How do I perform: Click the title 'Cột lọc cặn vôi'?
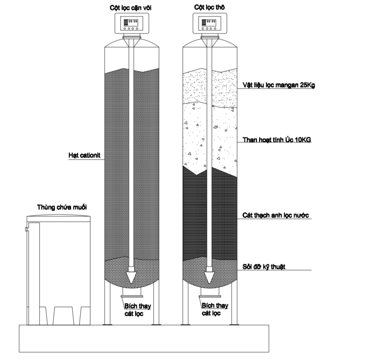[131, 8]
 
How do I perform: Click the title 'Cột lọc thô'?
[209, 7]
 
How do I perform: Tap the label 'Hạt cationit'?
[84, 155]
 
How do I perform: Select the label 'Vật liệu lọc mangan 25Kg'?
[279, 85]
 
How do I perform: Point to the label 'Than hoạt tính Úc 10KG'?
[277, 140]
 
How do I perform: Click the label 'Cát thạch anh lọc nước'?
[276, 215]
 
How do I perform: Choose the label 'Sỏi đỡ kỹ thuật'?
[264, 267]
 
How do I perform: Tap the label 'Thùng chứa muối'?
[62, 207]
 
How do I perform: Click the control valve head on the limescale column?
[132, 23]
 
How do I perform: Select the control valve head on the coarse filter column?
[210, 23]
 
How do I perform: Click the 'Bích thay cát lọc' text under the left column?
[137, 310]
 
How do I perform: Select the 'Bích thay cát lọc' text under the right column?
[215, 309]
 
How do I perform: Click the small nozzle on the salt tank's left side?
[26, 229]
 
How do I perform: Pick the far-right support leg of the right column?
[234, 302]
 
